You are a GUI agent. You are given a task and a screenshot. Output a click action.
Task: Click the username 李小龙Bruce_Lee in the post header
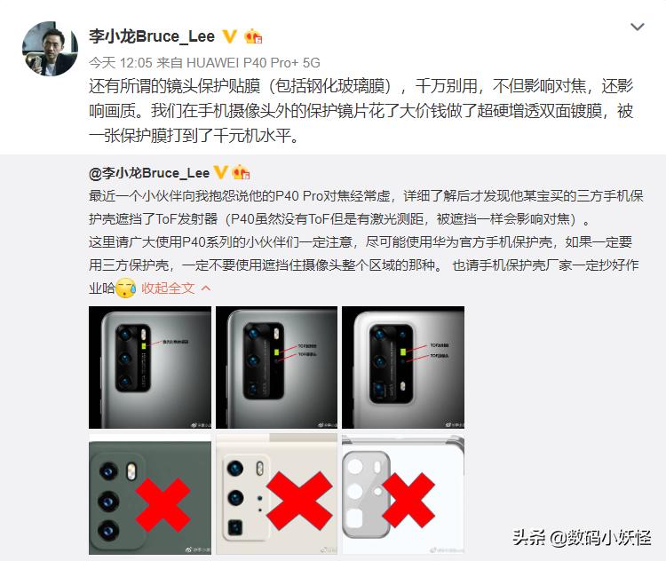tap(152, 36)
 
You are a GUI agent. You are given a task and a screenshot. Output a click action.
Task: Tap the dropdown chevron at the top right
tap(637, 28)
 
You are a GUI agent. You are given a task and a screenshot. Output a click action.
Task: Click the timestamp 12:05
tap(136, 63)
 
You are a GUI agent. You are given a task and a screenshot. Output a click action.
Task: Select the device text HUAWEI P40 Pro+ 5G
tap(264, 63)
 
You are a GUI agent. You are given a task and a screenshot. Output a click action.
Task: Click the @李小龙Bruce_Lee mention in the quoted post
tap(148, 171)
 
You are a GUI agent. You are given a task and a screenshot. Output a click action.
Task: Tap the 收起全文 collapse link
tap(168, 288)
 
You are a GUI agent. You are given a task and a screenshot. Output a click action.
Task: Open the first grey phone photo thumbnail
tap(150, 367)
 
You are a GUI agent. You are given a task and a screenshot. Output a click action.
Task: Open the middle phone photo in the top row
tap(276, 367)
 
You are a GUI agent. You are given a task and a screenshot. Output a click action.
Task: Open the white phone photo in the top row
tap(402, 367)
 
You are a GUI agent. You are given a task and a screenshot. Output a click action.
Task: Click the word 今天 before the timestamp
tap(103, 63)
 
